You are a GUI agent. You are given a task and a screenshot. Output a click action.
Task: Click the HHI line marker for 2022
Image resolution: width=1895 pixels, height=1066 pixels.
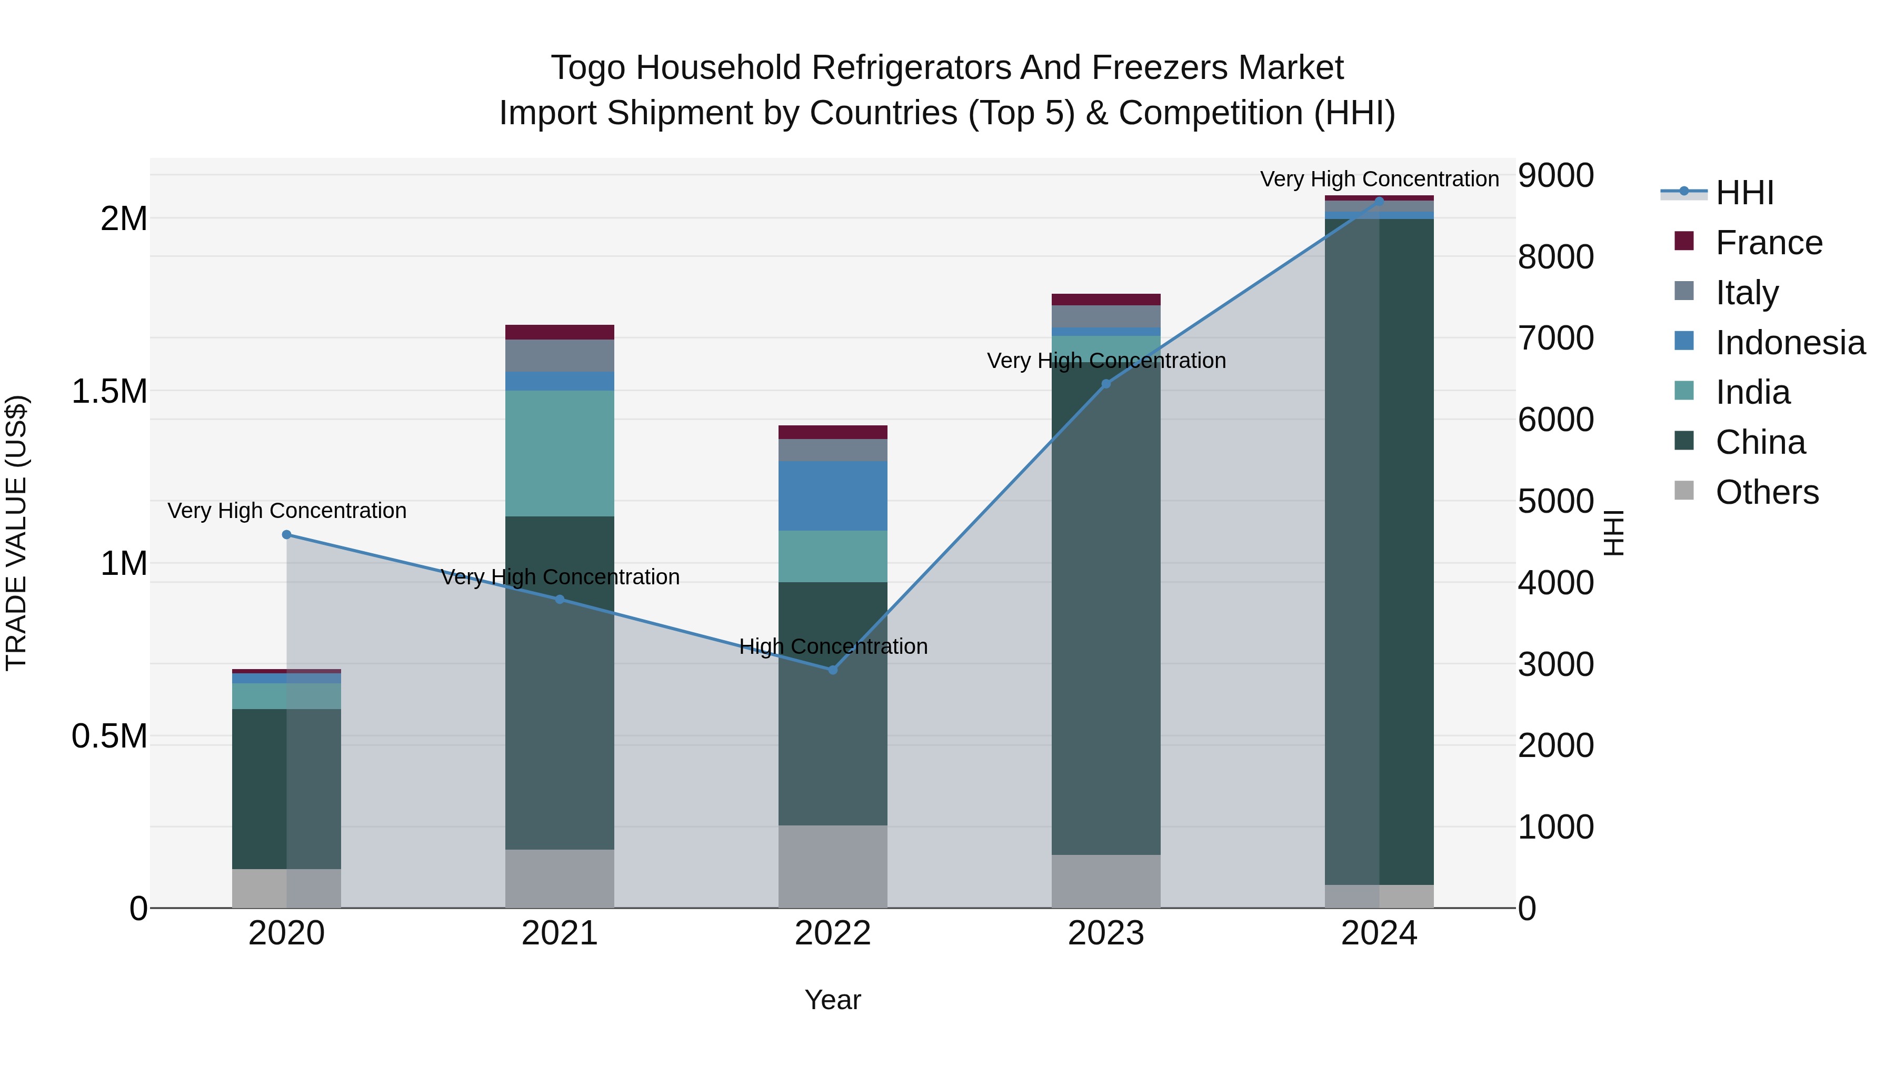(833, 670)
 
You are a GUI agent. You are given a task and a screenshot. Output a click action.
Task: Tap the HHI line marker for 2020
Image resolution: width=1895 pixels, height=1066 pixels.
(287, 535)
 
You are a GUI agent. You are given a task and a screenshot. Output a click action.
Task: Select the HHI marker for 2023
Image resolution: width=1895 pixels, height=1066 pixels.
(1105, 384)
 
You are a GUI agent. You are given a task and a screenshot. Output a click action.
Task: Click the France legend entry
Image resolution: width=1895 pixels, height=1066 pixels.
(1769, 243)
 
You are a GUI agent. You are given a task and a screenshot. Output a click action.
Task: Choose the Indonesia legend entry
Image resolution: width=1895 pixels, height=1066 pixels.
(1790, 343)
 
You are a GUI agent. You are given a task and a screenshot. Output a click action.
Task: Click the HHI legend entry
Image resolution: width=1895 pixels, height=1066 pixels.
(1744, 193)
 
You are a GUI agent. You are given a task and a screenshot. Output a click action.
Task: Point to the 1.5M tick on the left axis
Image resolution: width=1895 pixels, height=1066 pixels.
(109, 391)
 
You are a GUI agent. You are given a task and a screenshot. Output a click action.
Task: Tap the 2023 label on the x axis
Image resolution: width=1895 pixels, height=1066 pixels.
(1105, 933)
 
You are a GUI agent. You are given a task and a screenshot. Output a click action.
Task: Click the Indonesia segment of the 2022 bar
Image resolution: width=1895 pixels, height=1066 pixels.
(833, 496)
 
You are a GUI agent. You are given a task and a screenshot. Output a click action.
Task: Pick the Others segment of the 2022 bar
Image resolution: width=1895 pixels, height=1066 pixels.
(833, 866)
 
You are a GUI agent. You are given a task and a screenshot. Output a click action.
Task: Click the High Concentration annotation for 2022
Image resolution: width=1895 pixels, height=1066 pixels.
(833, 646)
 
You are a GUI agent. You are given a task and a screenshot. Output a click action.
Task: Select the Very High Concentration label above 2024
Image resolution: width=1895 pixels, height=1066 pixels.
(1379, 179)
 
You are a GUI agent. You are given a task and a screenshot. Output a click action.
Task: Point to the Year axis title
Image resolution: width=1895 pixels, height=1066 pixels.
(833, 1000)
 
